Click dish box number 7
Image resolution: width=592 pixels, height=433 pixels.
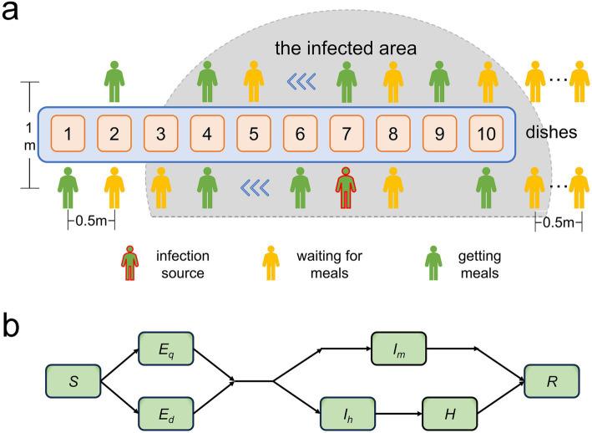[347, 134]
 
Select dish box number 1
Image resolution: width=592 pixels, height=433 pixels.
[68, 134]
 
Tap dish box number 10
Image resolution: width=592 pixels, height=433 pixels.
[486, 134]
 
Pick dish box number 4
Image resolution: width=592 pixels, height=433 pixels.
[207, 134]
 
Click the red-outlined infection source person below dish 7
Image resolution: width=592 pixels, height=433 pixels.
[346, 188]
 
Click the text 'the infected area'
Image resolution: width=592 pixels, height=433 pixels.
[346, 48]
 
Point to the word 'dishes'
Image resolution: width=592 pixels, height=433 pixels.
[551, 132]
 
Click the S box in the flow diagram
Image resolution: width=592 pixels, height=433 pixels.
[73, 381]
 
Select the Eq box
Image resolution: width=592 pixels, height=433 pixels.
[166, 349]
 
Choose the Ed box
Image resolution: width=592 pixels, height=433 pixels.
[166, 414]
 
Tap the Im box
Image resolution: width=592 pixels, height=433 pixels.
[398, 349]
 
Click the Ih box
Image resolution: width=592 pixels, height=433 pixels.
[347, 414]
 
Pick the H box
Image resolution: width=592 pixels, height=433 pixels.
[450, 414]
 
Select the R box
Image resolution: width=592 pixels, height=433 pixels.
[552, 381]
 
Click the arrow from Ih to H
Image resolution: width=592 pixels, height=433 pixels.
[398, 414]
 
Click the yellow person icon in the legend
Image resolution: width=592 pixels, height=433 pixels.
[271, 263]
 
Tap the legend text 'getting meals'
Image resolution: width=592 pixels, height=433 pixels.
[479, 264]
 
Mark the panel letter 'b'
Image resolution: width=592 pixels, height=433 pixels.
[11, 327]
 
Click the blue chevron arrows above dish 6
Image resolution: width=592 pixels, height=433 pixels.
[301, 81]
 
